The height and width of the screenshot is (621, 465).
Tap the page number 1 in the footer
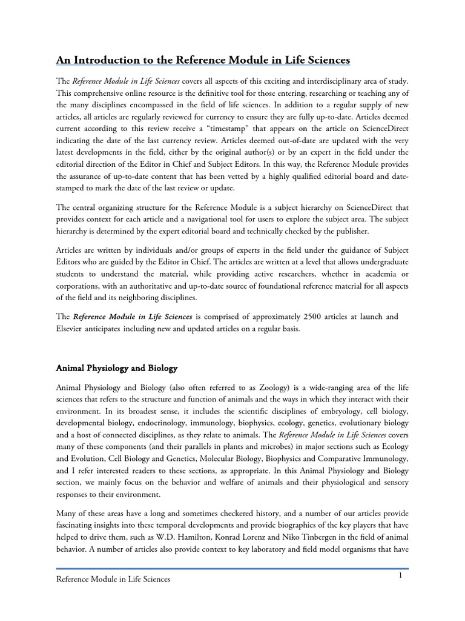[401, 576]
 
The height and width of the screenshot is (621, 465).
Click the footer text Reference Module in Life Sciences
[113, 579]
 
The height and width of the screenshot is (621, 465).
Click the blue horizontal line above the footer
[232, 569]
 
